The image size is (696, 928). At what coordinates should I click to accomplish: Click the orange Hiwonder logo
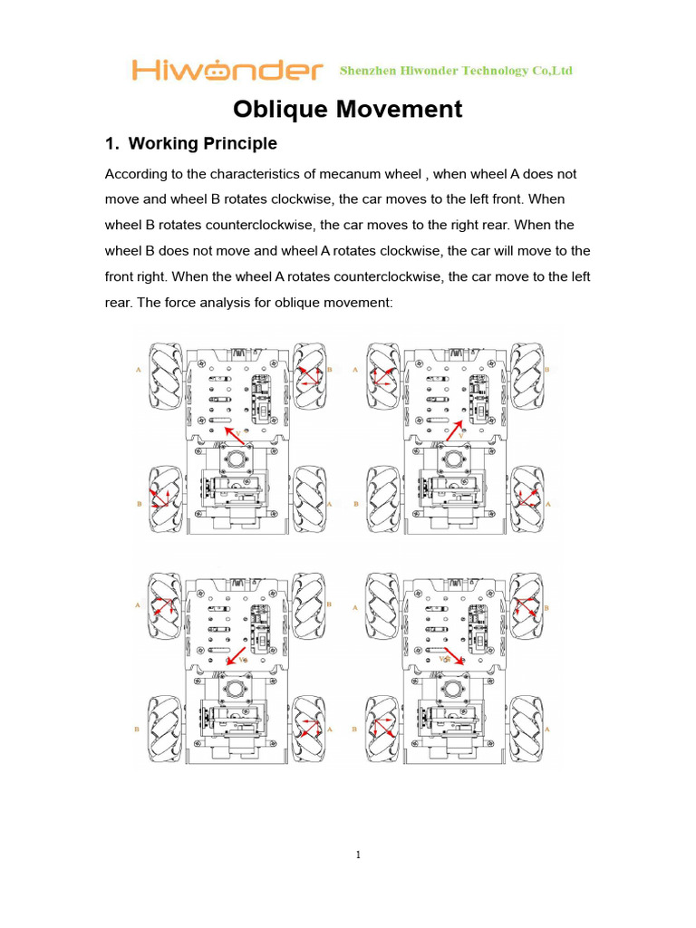click(x=227, y=70)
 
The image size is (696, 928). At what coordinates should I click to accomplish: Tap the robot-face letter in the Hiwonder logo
click(x=217, y=71)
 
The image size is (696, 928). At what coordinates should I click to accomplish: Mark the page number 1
click(x=358, y=855)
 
